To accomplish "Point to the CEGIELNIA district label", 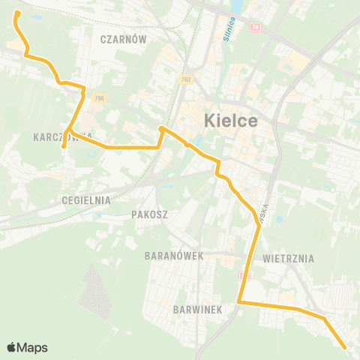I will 87,200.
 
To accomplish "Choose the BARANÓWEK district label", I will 175,256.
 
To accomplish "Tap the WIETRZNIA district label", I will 289,258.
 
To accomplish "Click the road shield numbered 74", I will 255,27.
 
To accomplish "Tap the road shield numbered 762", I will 185,79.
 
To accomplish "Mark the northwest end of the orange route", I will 16,13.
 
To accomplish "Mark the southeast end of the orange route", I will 344,347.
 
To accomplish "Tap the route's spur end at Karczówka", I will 64,147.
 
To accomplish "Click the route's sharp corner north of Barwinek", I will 238,301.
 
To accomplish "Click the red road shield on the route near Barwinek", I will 243,277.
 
